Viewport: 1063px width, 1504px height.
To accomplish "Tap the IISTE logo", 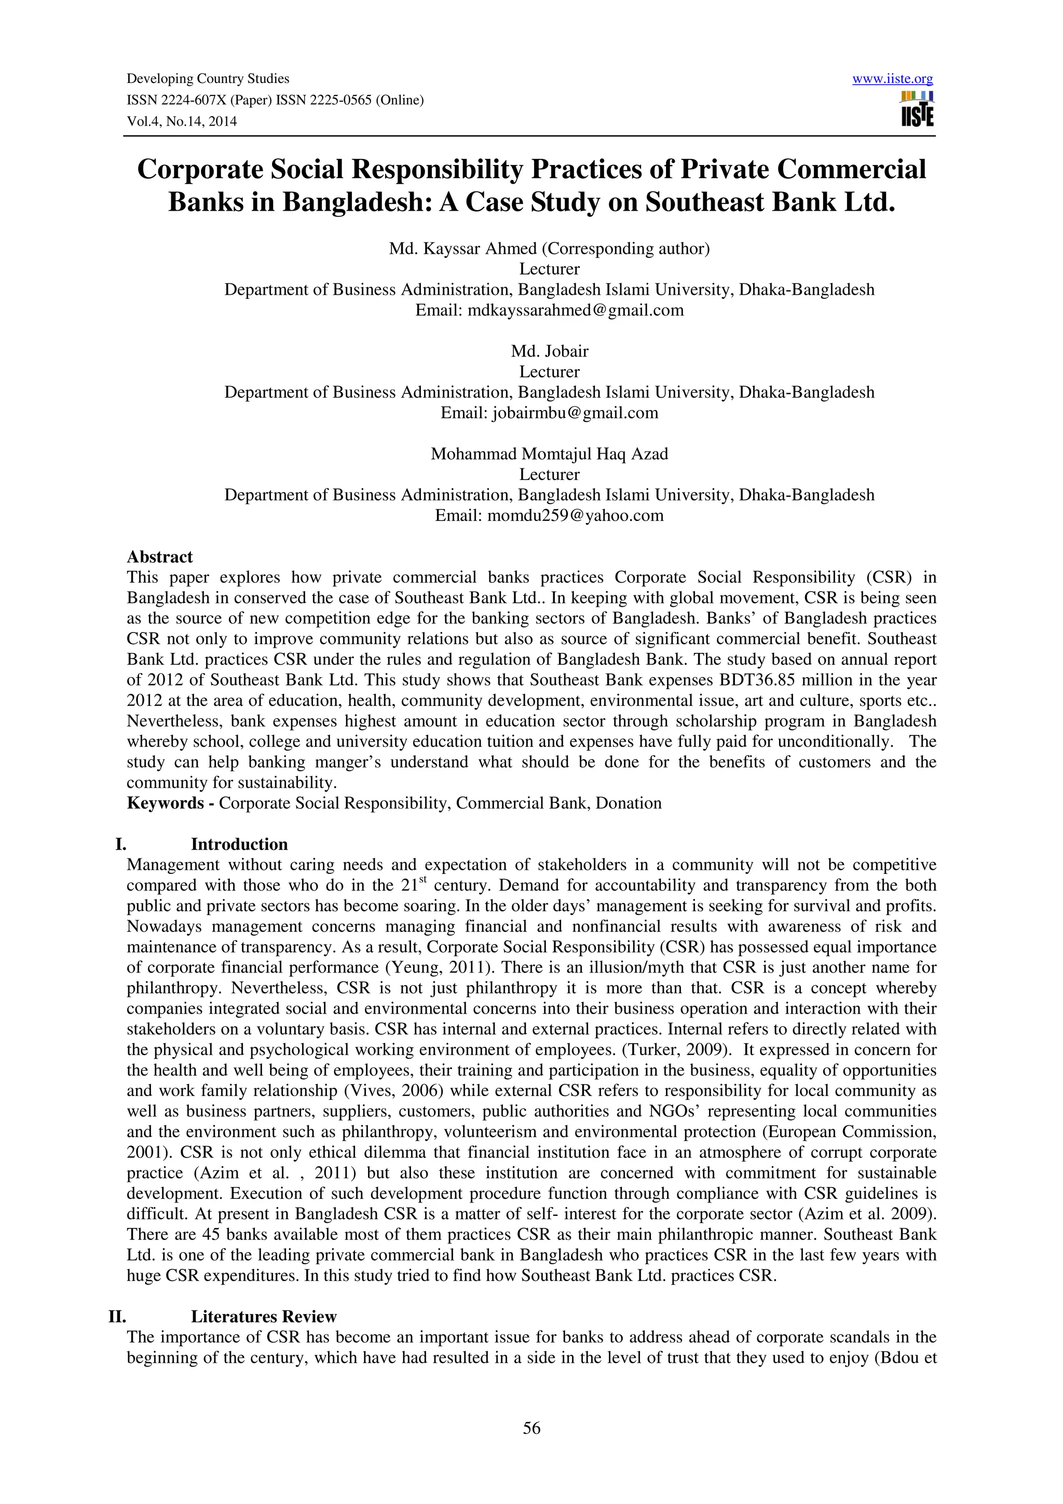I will pyautogui.click(x=917, y=110).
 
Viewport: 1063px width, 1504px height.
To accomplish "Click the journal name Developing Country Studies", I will pyautogui.click(x=208, y=78).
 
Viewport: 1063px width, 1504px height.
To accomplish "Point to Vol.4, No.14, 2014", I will pyautogui.click(x=182, y=121).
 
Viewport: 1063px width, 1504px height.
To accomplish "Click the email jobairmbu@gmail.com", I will pyautogui.click(x=575, y=413).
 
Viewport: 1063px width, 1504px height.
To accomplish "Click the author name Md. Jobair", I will pyautogui.click(x=550, y=351).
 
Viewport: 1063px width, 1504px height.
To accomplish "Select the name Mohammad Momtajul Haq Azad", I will pyautogui.click(x=550, y=454).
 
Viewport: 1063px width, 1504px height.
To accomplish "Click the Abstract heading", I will pyautogui.click(x=160, y=557).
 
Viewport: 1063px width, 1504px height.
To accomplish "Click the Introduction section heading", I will pyautogui.click(x=239, y=844).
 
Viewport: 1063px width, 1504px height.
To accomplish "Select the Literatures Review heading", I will pyautogui.click(x=263, y=1317).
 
